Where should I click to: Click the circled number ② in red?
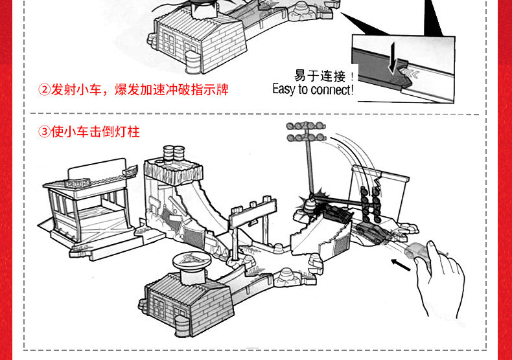point(45,89)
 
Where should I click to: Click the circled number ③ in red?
point(45,132)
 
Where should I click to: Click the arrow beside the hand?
point(401,265)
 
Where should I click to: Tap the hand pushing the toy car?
point(441,278)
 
